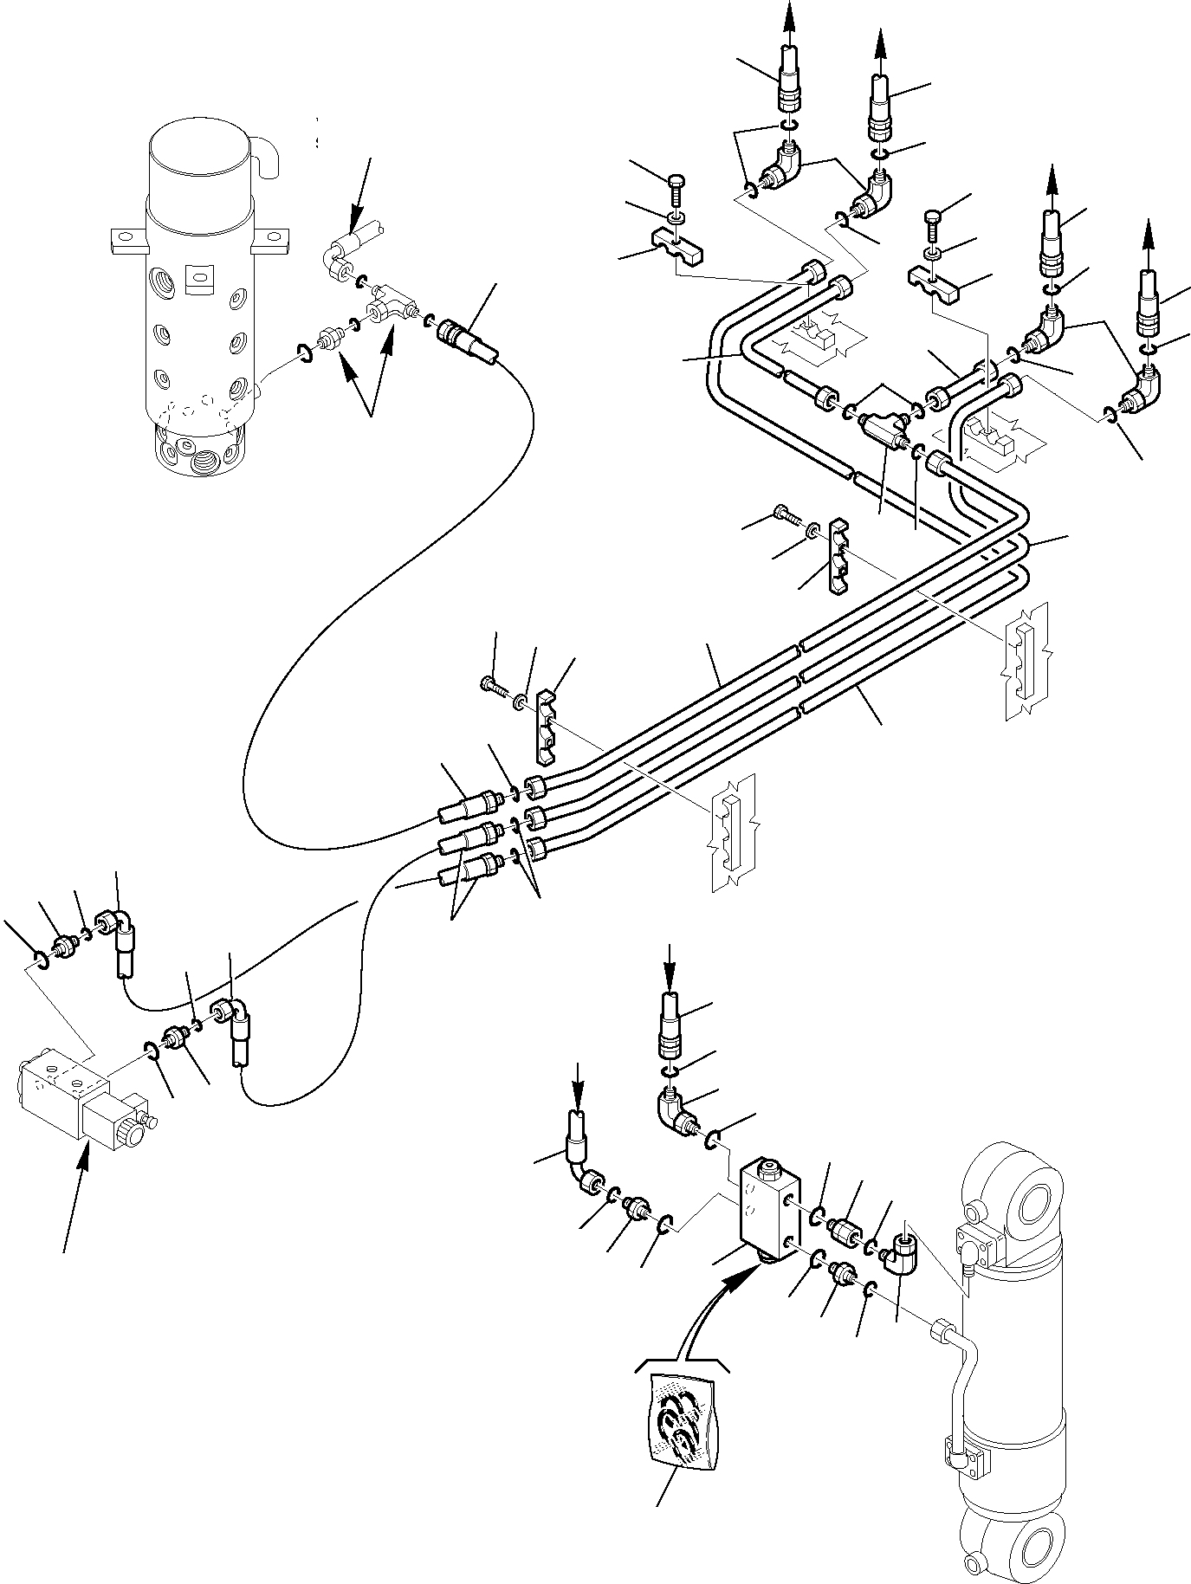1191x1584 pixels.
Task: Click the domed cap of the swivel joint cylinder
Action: (x=199, y=165)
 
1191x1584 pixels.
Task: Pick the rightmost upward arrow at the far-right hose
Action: (x=1149, y=242)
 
